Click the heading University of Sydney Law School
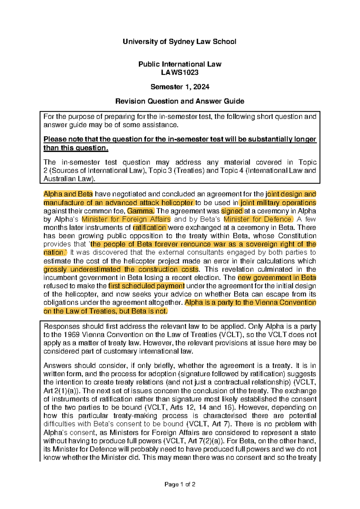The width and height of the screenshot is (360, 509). [x=179, y=42]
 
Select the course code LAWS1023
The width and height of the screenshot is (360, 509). [x=179, y=72]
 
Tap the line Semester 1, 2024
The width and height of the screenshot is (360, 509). [x=179, y=87]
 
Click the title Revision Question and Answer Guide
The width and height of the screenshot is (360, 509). [x=179, y=101]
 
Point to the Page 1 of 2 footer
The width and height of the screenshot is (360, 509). [x=180, y=484]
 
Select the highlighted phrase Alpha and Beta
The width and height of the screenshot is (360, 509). [x=68, y=194]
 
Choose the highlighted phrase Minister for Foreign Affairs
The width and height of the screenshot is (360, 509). [x=126, y=219]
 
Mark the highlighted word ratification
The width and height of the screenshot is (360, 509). [x=149, y=227]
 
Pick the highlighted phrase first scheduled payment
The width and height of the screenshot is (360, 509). [x=146, y=286]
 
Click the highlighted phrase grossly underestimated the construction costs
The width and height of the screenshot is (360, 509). [x=121, y=269]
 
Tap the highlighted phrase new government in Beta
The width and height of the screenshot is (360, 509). [x=277, y=278]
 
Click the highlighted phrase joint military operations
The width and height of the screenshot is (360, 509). [x=278, y=203]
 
